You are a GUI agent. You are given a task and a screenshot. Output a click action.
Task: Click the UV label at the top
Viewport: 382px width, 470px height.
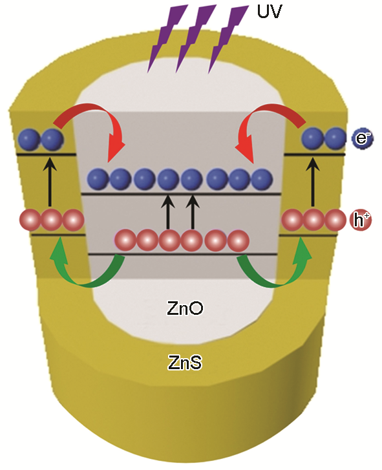pyautogui.click(x=270, y=11)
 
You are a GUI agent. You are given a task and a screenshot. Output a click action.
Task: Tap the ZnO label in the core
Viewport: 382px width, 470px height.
pyautogui.click(x=185, y=308)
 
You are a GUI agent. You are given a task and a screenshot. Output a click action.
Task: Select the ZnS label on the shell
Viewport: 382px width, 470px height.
pyautogui.click(x=185, y=363)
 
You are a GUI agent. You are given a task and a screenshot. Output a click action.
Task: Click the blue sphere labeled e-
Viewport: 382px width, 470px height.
pyautogui.click(x=362, y=138)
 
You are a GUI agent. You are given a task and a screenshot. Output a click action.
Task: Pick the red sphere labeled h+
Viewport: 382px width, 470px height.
pyautogui.click(x=361, y=220)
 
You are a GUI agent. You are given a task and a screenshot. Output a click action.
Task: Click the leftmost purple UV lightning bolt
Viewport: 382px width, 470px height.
pyautogui.click(x=167, y=38)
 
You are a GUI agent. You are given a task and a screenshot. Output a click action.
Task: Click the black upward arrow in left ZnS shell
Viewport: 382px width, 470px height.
pyautogui.click(x=50, y=182)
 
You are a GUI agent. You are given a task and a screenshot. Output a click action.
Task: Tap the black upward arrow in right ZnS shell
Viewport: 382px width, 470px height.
pyautogui.click(x=313, y=182)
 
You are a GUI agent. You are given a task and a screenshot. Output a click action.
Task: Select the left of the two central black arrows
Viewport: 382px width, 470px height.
pyautogui.click(x=169, y=212)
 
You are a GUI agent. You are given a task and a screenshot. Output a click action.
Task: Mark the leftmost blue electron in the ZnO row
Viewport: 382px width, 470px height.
pyautogui.click(x=98, y=179)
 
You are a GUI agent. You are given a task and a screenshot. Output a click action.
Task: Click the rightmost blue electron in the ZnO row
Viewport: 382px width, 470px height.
pyautogui.click(x=262, y=179)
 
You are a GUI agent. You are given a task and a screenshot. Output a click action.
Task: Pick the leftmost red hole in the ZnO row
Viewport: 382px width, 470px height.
pyautogui.click(x=125, y=240)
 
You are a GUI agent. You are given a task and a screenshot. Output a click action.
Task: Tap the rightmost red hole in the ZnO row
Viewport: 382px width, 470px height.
pyautogui.click(x=239, y=240)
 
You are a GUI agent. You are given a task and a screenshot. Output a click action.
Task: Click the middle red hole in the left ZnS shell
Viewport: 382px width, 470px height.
pyautogui.click(x=52, y=220)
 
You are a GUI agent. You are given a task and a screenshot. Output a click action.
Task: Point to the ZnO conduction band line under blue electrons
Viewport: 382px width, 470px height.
pyautogui.click(x=181, y=194)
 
